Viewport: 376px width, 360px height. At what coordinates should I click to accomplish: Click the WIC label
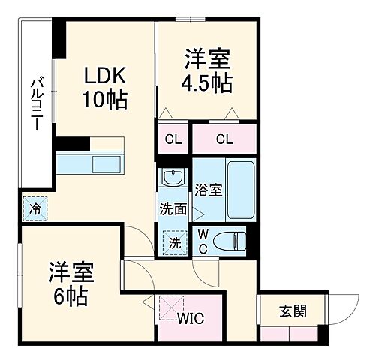point(191,318)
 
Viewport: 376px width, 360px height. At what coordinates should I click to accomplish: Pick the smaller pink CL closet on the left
point(173,139)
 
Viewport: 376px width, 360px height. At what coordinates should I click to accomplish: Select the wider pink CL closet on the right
point(224,139)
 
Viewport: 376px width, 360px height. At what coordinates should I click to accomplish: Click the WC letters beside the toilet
point(203,241)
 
